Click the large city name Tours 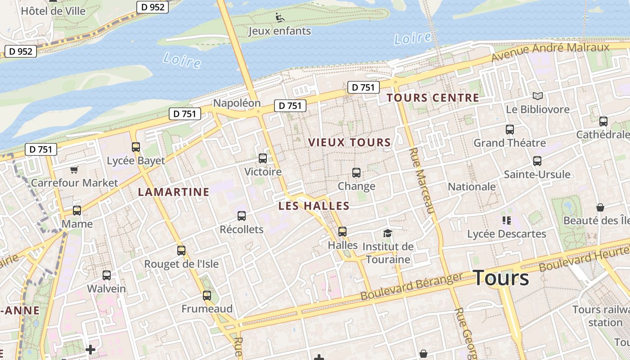tap(501, 278)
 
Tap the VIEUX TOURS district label tap(349, 143)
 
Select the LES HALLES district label tap(314, 206)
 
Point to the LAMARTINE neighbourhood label tap(174, 192)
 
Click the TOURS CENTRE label tap(432, 98)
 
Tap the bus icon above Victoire tap(263, 158)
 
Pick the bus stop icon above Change tap(356, 173)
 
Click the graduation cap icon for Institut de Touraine tap(387, 233)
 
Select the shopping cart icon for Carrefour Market tap(74, 170)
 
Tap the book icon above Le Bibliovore tap(537, 96)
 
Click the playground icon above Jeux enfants tap(280, 18)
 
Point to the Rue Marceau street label tap(423, 180)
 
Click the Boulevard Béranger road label tap(411, 287)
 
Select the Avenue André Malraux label tap(550, 53)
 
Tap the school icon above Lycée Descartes tap(507, 220)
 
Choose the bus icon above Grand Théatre tap(510, 130)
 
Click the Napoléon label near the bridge tap(237, 103)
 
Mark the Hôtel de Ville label tap(53, 11)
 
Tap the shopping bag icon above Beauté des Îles tap(600, 207)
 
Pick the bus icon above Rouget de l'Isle tap(181, 251)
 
